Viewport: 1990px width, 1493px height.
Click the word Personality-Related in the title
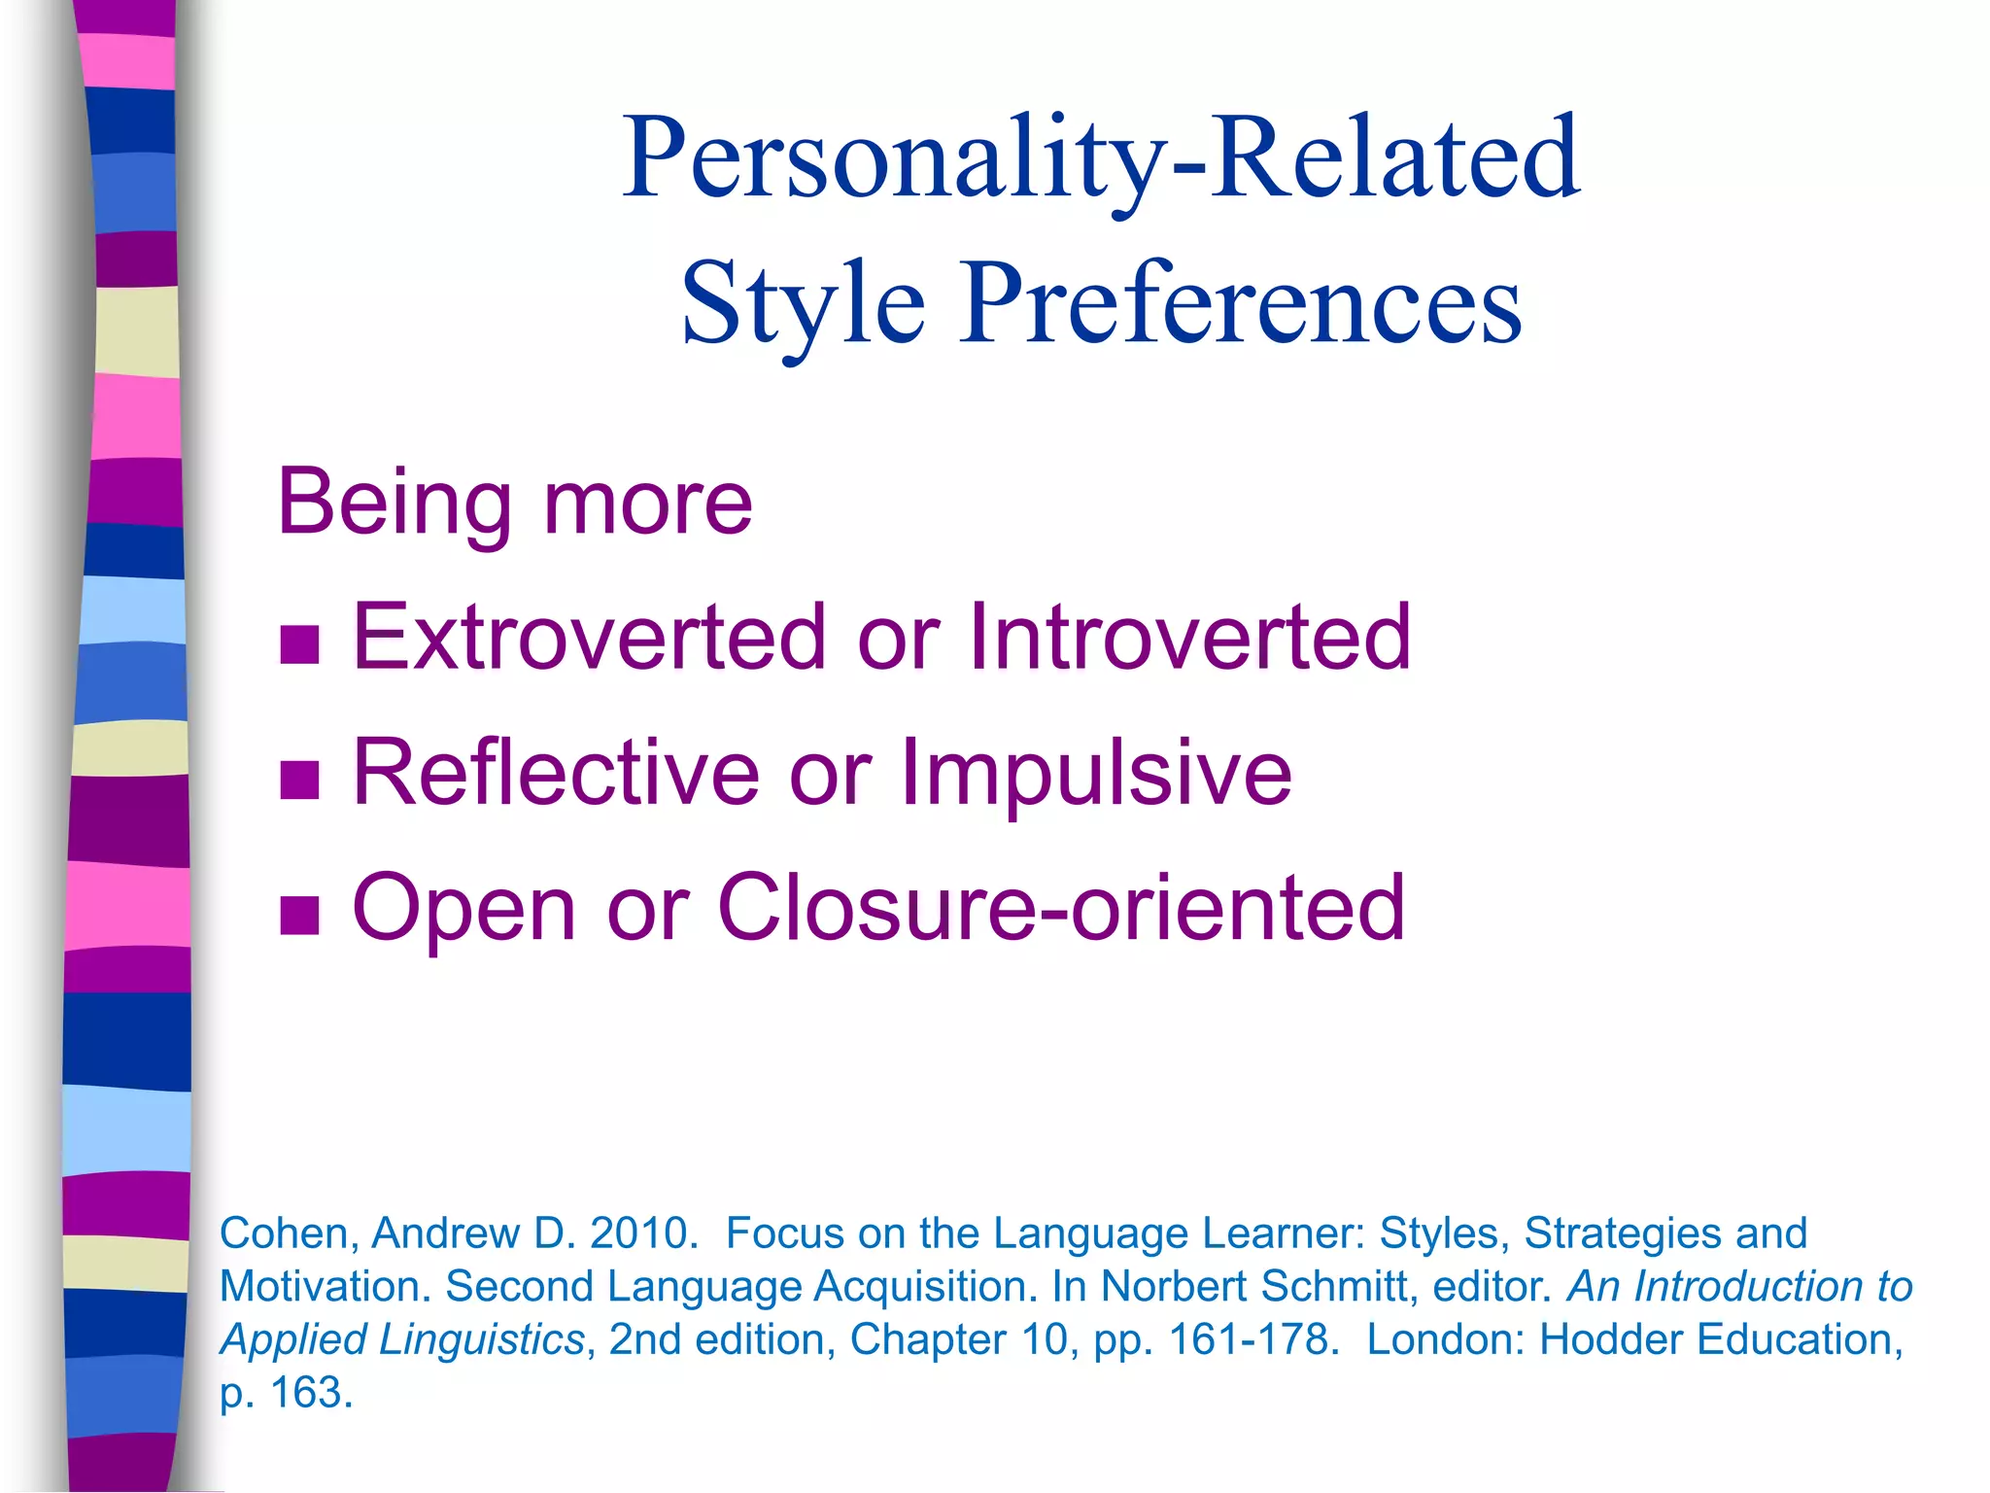(x=1101, y=158)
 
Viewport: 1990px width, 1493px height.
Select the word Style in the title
(x=803, y=303)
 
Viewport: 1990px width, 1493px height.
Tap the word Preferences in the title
(x=1241, y=303)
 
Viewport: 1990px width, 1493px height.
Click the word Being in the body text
(x=394, y=503)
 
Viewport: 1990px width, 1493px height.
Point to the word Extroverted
(x=589, y=638)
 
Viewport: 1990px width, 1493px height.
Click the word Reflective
(x=555, y=773)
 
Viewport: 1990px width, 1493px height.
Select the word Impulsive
(x=1096, y=773)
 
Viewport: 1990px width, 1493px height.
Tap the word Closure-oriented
(x=1060, y=908)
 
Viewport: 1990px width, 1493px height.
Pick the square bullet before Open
(x=299, y=915)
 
